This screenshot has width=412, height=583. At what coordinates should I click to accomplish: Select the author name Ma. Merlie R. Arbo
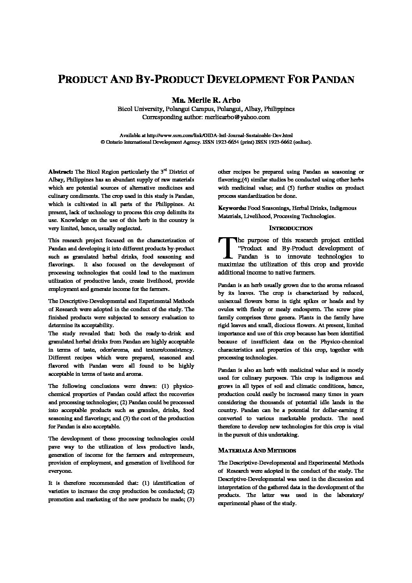pos(206,100)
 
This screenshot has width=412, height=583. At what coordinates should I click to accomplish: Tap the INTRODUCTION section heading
pos(291,228)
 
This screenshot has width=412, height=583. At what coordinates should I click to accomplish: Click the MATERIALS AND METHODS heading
pos(257,451)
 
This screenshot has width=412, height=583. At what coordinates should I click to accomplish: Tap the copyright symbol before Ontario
pos(102,142)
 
